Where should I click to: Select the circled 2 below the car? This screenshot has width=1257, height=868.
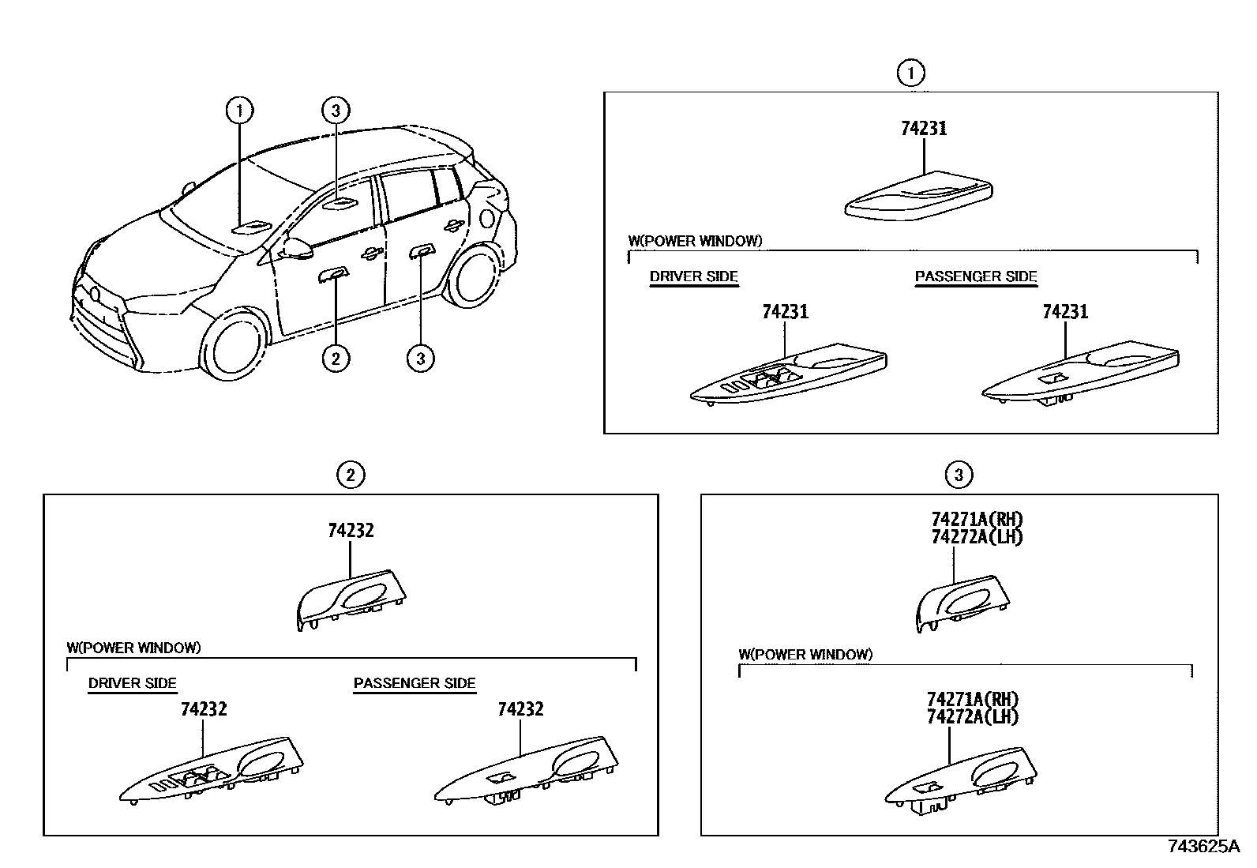click(x=336, y=358)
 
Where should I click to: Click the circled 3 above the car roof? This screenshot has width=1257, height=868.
click(x=336, y=110)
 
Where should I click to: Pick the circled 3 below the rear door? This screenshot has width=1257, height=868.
click(x=420, y=358)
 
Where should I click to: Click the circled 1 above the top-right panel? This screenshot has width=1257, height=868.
click(x=910, y=73)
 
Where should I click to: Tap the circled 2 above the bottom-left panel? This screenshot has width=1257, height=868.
click(x=351, y=475)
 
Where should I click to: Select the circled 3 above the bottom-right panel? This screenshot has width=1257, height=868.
click(x=959, y=475)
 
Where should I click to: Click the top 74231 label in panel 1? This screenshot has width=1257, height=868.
click(x=924, y=129)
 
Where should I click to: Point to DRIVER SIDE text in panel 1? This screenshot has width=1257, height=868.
click(x=693, y=276)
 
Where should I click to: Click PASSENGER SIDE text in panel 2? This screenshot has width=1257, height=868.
click(x=415, y=683)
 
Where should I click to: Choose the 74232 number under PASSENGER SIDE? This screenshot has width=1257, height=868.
click(x=520, y=709)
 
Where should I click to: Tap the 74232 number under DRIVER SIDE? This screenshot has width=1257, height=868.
click(x=204, y=709)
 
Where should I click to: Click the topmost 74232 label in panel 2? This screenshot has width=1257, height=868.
click(x=351, y=531)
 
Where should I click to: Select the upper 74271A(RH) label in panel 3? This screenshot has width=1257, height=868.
click(x=977, y=519)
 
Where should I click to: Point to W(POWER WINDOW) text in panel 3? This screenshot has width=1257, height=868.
click(x=805, y=654)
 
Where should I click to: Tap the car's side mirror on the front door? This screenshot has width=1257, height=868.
click(x=297, y=248)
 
